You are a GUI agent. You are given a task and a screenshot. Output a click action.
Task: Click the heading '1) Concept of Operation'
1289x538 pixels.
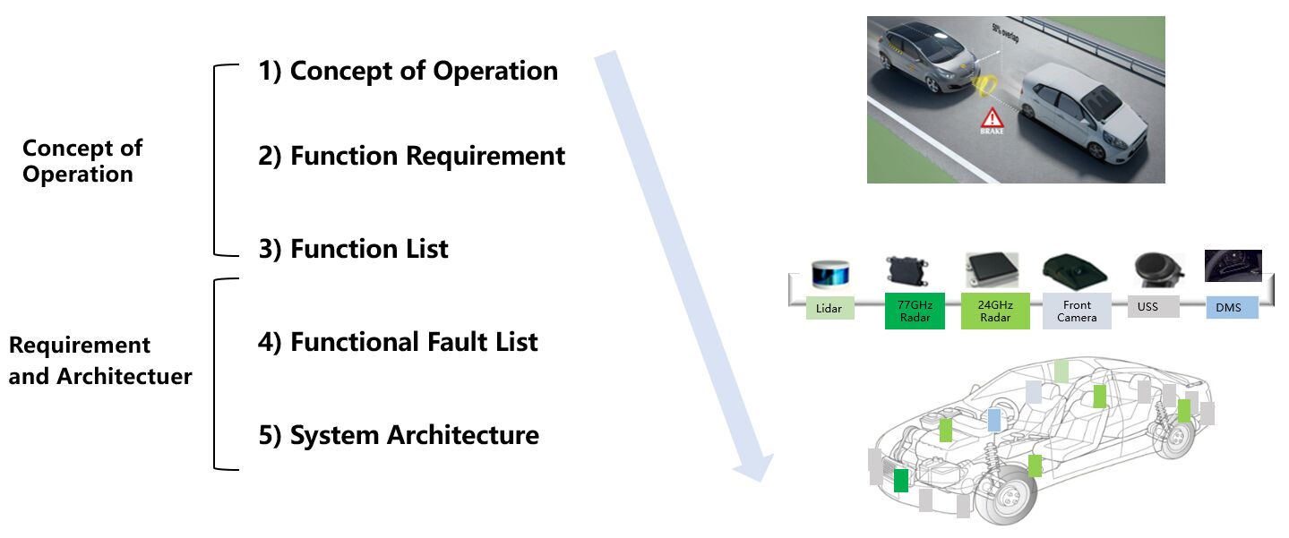click(x=408, y=72)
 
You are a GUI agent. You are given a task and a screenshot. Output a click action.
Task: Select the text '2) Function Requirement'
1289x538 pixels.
click(x=412, y=157)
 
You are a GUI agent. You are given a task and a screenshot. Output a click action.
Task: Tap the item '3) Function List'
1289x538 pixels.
click(x=353, y=249)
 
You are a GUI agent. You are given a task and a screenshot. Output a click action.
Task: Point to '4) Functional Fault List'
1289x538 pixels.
click(x=398, y=342)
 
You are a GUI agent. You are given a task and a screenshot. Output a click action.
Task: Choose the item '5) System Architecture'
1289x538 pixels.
click(x=399, y=436)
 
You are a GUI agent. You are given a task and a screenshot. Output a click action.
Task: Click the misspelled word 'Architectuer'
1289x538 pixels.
click(x=125, y=377)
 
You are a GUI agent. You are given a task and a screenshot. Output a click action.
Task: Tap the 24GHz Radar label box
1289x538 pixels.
click(x=995, y=311)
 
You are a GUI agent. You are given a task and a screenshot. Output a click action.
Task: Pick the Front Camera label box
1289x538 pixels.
click(x=1077, y=311)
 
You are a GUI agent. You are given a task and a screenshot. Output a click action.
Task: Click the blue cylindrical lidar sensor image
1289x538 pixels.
click(x=829, y=273)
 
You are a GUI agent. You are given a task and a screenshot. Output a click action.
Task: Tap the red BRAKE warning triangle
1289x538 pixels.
click(x=991, y=118)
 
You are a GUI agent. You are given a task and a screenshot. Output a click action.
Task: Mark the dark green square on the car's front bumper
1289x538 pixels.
click(x=901, y=481)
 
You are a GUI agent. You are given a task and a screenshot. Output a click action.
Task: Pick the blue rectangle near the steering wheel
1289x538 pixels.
click(x=993, y=420)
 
